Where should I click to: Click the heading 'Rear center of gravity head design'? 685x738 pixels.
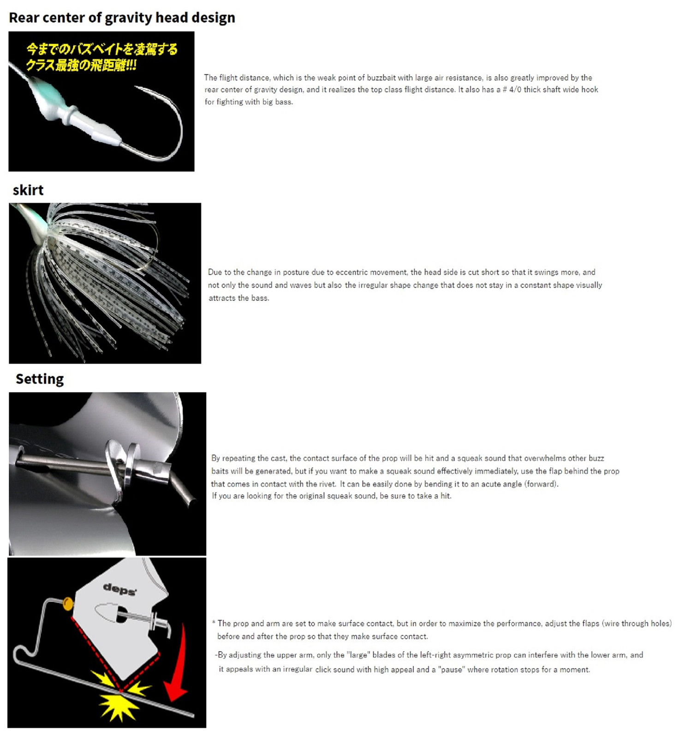(122, 18)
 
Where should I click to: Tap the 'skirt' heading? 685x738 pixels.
(28, 190)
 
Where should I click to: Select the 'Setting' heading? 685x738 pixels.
(40, 379)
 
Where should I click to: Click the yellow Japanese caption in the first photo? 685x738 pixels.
(101, 57)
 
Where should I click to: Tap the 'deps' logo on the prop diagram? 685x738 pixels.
(119, 589)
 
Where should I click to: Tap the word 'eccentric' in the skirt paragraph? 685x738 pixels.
(352, 272)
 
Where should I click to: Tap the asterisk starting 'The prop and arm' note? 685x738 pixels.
(214, 623)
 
